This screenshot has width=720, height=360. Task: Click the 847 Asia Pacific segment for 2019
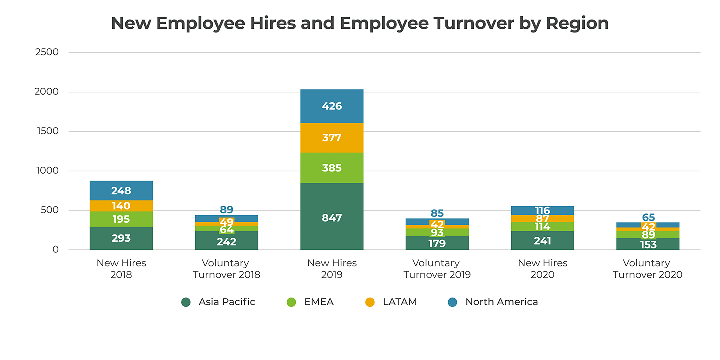332,217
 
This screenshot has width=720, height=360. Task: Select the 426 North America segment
332,106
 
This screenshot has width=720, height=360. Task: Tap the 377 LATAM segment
332,138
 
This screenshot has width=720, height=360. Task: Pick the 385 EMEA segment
332,168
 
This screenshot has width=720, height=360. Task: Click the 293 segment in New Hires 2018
121,238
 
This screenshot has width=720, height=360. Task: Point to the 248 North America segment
121,191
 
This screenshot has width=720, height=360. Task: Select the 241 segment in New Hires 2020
542,241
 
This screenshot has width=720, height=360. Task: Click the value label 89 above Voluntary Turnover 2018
227,210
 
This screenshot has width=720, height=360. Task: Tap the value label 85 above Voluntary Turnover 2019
437,213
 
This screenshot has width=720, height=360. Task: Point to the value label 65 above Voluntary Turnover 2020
648,217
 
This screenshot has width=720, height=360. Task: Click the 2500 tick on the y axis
47,52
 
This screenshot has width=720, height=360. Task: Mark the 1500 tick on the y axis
47,131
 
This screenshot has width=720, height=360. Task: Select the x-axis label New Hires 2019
332,269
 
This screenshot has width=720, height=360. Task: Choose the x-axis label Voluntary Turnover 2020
648,269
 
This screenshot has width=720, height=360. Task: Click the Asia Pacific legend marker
186,302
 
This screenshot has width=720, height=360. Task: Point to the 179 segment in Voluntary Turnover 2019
437,243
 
